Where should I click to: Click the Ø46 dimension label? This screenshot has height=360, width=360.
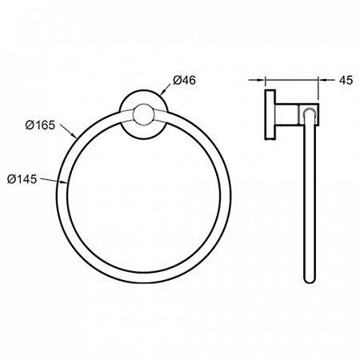pos(184,80)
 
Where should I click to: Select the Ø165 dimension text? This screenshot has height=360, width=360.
pos(40,125)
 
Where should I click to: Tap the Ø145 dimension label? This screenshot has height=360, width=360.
pos(22,179)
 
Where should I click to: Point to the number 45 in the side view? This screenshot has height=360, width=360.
pos(346,80)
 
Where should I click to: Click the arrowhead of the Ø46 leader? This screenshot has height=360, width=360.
pos(162,92)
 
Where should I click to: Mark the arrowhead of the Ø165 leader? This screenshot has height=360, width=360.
pos(74,135)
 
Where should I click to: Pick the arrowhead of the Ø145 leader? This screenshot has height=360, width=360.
pos(64,182)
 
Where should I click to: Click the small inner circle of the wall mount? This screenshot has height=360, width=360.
pos(144,114)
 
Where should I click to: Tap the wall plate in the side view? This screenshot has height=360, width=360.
pos(270,114)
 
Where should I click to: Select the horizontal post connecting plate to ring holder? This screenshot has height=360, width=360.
pos(287,114)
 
